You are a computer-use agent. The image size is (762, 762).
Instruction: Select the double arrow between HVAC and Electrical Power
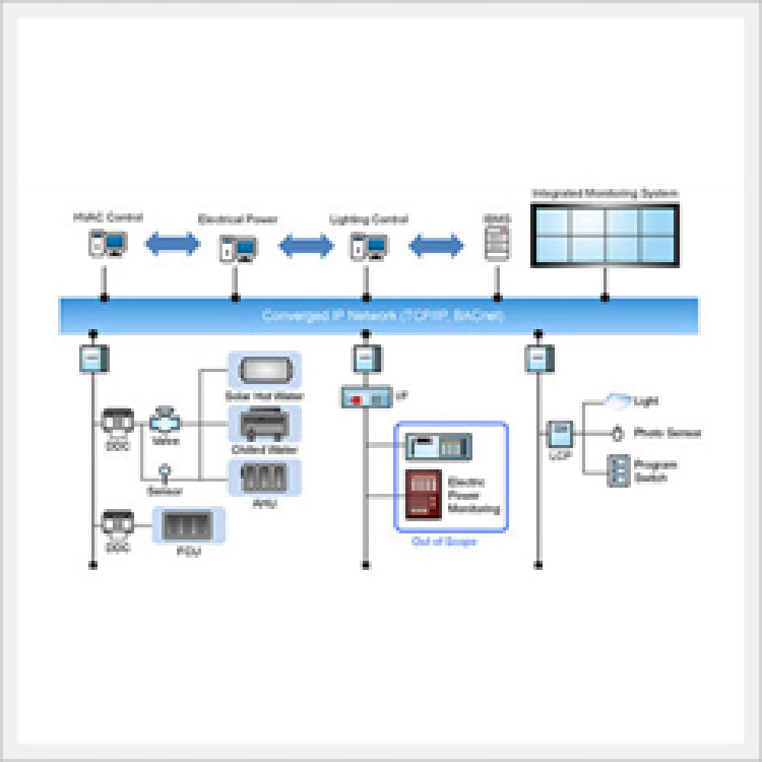(172, 245)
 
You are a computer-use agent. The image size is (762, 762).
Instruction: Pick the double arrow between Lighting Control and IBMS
(436, 246)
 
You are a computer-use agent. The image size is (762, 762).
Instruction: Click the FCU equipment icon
(188, 526)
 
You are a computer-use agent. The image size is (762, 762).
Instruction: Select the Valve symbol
(164, 420)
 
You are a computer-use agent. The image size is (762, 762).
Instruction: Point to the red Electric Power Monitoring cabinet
(424, 495)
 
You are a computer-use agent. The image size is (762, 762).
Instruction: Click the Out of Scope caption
(444, 542)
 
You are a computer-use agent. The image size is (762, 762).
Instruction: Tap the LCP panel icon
(561, 434)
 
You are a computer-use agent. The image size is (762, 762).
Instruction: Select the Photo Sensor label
(667, 433)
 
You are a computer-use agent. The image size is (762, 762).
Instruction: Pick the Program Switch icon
(618, 471)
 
